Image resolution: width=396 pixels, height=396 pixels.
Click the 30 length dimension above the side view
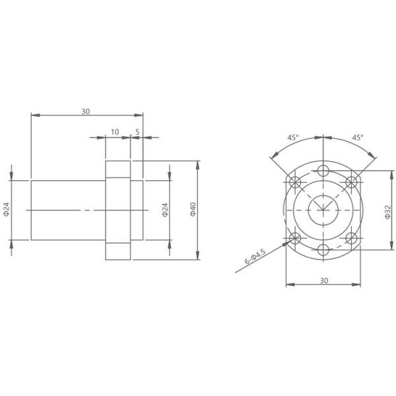(86, 111)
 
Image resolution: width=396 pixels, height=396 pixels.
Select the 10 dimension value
(115, 132)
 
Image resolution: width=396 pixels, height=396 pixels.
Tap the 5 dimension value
(137, 132)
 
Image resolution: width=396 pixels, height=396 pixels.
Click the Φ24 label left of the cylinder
(7, 210)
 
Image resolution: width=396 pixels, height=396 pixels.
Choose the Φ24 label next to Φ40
(165, 210)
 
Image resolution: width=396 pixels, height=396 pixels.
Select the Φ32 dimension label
(387, 211)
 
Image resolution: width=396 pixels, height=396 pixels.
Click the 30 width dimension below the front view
(323, 280)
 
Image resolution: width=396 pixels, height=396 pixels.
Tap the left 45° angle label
(292, 138)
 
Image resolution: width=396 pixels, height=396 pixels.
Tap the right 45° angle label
(356, 138)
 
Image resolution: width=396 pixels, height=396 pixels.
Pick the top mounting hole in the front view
(323, 172)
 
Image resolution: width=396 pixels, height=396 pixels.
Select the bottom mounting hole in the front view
(323, 249)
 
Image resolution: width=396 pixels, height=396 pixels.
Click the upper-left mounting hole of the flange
(295, 181)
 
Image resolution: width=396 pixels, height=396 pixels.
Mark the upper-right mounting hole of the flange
(351, 181)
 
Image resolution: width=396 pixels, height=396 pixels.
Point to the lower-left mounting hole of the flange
(295, 238)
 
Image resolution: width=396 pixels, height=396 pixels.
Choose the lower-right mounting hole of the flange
(351, 238)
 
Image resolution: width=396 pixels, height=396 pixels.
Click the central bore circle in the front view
(323, 210)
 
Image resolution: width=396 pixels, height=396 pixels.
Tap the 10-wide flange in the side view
(117, 210)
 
